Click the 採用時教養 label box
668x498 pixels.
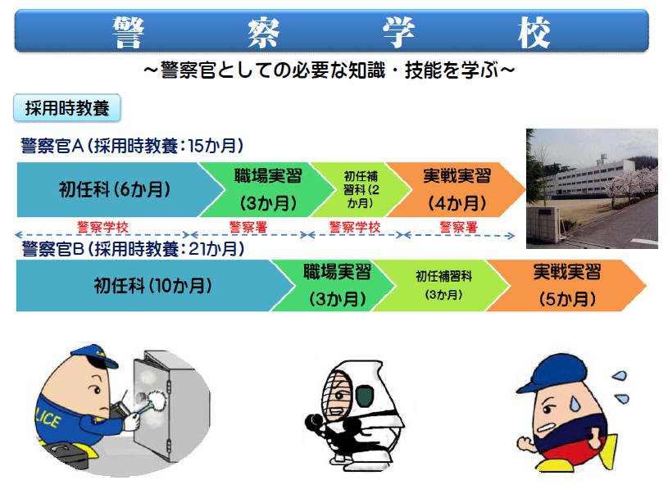(x=67, y=107)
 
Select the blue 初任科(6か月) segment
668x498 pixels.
(x=115, y=189)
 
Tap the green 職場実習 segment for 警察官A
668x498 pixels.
(x=267, y=189)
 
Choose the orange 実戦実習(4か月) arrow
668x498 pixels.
(x=457, y=189)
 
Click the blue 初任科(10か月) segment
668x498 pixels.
(x=152, y=286)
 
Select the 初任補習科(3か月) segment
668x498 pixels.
(x=443, y=286)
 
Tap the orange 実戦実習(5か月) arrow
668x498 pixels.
(x=566, y=286)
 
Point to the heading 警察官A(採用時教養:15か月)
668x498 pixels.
(x=132, y=146)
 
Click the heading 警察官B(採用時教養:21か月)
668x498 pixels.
(x=133, y=249)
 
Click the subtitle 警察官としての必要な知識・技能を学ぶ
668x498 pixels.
(x=329, y=70)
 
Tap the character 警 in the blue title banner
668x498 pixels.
(x=128, y=32)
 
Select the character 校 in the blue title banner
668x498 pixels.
(x=534, y=32)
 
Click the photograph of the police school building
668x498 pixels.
(x=592, y=188)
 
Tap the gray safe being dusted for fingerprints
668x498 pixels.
(x=170, y=409)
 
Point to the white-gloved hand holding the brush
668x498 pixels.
(x=132, y=420)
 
